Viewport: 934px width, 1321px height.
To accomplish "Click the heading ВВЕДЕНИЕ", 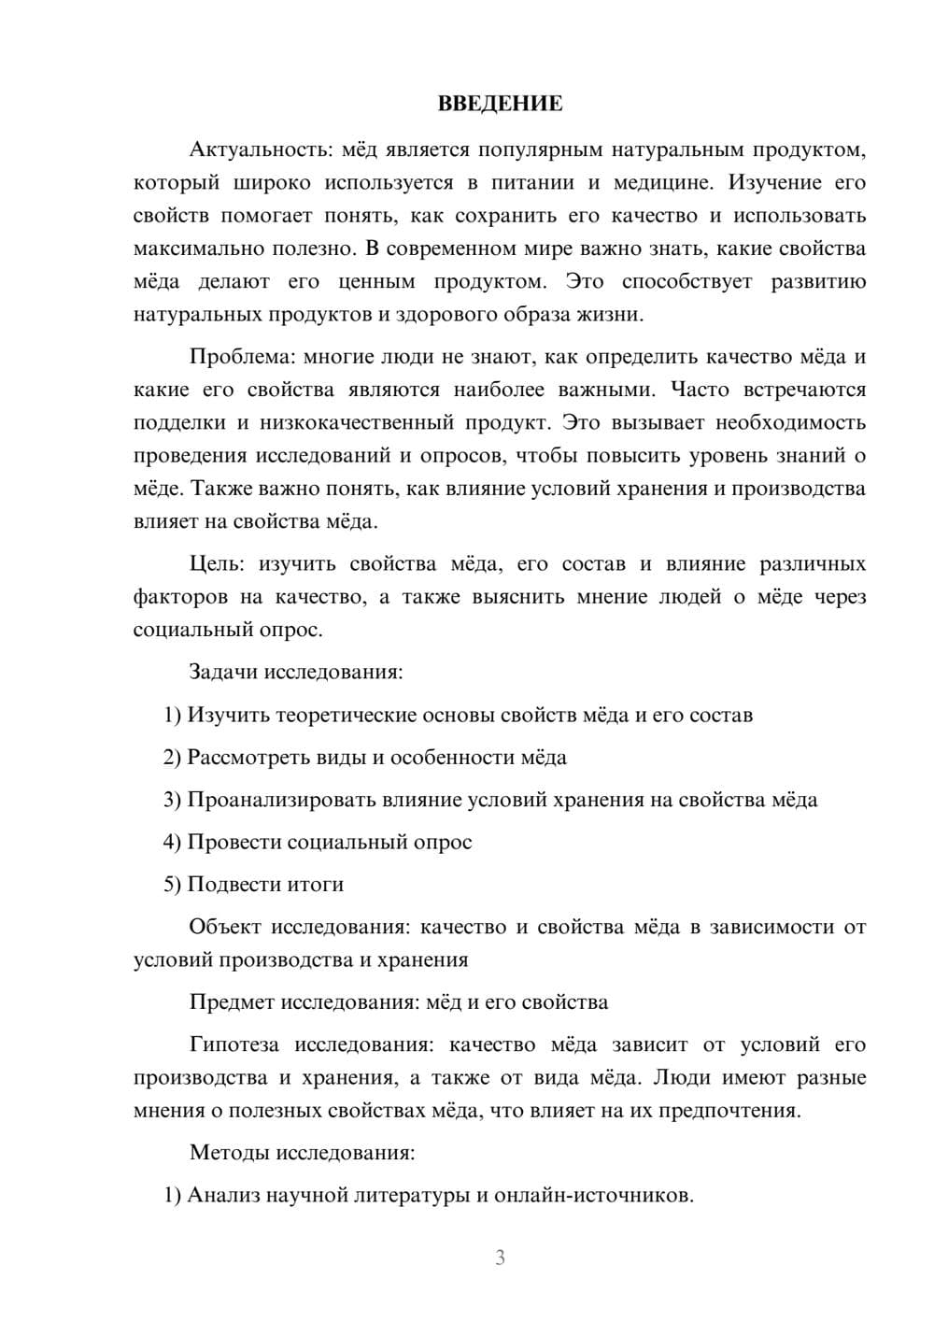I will tap(500, 105).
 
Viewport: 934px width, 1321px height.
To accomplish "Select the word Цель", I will tap(216, 564).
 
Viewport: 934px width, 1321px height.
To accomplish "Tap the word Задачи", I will tap(224, 673).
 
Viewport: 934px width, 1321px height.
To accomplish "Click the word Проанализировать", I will tap(281, 801).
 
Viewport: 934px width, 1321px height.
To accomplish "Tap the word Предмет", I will tap(232, 1003).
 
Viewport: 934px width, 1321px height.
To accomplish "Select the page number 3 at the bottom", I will tap(500, 1257).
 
